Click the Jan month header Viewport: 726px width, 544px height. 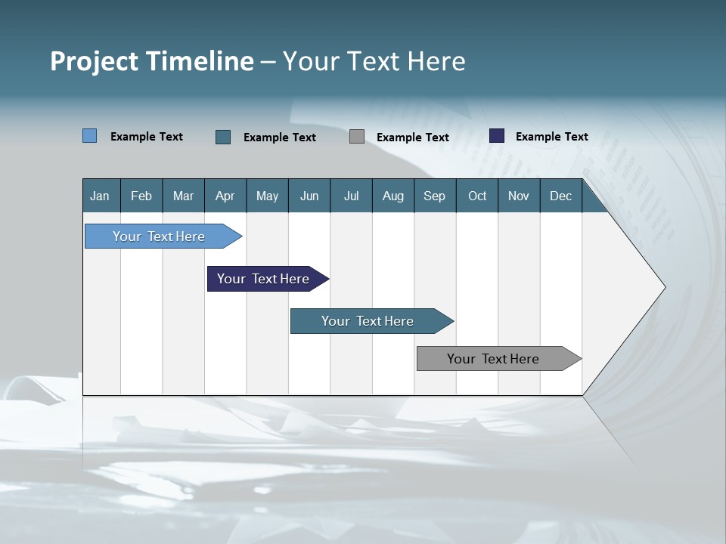pyautogui.click(x=100, y=196)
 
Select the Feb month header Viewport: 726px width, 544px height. pyautogui.click(x=141, y=196)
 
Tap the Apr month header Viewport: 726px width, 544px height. pyautogui.click(x=225, y=196)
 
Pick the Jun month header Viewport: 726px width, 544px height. pyautogui.click(x=309, y=196)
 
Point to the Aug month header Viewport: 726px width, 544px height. pyautogui.click(x=392, y=196)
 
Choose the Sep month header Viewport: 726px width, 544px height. pyautogui.click(x=434, y=196)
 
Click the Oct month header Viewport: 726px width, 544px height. pyautogui.click(x=477, y=196)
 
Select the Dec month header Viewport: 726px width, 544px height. pyautogui.click(x=560, y=196)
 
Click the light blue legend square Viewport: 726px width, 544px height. pyautogui.click(x=89, y=136)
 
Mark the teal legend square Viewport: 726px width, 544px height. pyautogui.click(x=223, y=137)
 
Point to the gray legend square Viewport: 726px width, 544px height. pyautogui.click(x=357, y=137)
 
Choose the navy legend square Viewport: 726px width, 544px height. pyautogui.click(x=497, y=136)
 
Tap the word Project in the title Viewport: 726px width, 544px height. pyautogui.click(x=92, y=61)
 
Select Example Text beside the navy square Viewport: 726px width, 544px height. pyautogui.click(x=551, y=137)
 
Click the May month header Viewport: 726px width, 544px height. pyautogui.click(x=267, y=196)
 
